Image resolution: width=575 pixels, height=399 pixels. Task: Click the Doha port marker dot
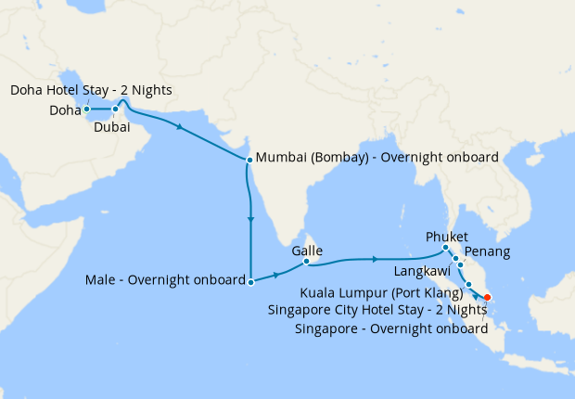click(x=86, y=109)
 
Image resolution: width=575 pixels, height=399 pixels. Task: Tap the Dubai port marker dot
click(x=116, y=109)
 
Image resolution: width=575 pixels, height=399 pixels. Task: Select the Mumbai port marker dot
click(x=249, y=160)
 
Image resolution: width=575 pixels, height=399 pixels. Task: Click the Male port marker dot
click(x=250, y=280)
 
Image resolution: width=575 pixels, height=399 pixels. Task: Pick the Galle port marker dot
click(x=306, y=262)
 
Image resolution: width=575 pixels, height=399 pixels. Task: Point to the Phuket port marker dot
click(x=446, y=247)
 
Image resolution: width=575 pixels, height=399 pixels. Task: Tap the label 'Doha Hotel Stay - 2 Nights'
click(x=91, y=90)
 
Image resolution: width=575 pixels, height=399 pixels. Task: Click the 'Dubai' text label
click(x=111, y=128)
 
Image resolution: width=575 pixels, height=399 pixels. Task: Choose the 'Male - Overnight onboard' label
click(x=164, y=278)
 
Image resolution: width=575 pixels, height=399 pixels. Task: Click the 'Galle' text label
click(x=306, y=250)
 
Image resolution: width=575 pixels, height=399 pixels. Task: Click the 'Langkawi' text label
click(x=422, y=271)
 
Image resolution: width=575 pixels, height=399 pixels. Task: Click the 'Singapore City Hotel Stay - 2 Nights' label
click(x=377, y=310)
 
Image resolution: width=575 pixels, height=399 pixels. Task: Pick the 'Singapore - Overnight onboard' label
click(x=390, y=328)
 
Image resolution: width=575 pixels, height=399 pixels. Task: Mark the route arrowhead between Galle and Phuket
click(x=374, y=258)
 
